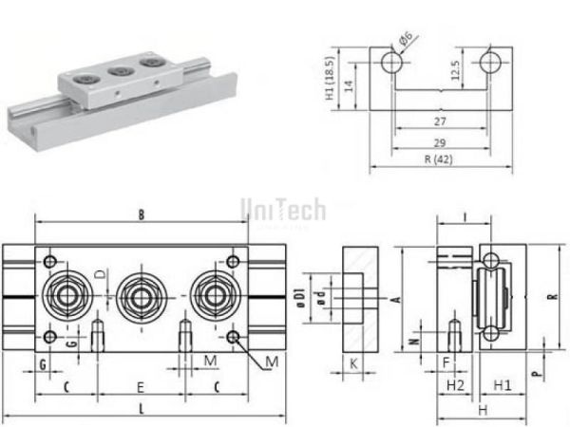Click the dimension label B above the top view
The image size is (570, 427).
[141, 215]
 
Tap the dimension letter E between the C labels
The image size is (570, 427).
[141, 387]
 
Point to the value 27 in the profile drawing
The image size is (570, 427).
[438, 122]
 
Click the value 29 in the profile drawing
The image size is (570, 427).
[438, 141]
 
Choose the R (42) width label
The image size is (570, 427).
[438, 159]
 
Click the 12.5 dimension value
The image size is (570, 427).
[455, 71]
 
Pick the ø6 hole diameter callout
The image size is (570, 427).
[405, 39]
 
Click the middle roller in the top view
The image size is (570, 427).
[142, 294]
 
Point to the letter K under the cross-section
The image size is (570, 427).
[352, 362]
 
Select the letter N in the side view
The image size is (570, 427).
[412, 337]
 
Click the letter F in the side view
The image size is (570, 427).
[445, 362]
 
